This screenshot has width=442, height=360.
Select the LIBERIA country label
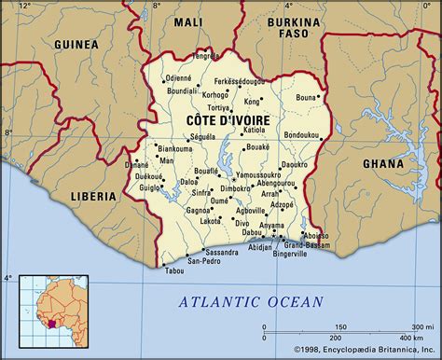[94, 197]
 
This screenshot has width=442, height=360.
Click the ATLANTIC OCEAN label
[251, 301]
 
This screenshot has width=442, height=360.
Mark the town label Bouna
[307, 96]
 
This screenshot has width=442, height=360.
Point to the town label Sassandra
[222, 252]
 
